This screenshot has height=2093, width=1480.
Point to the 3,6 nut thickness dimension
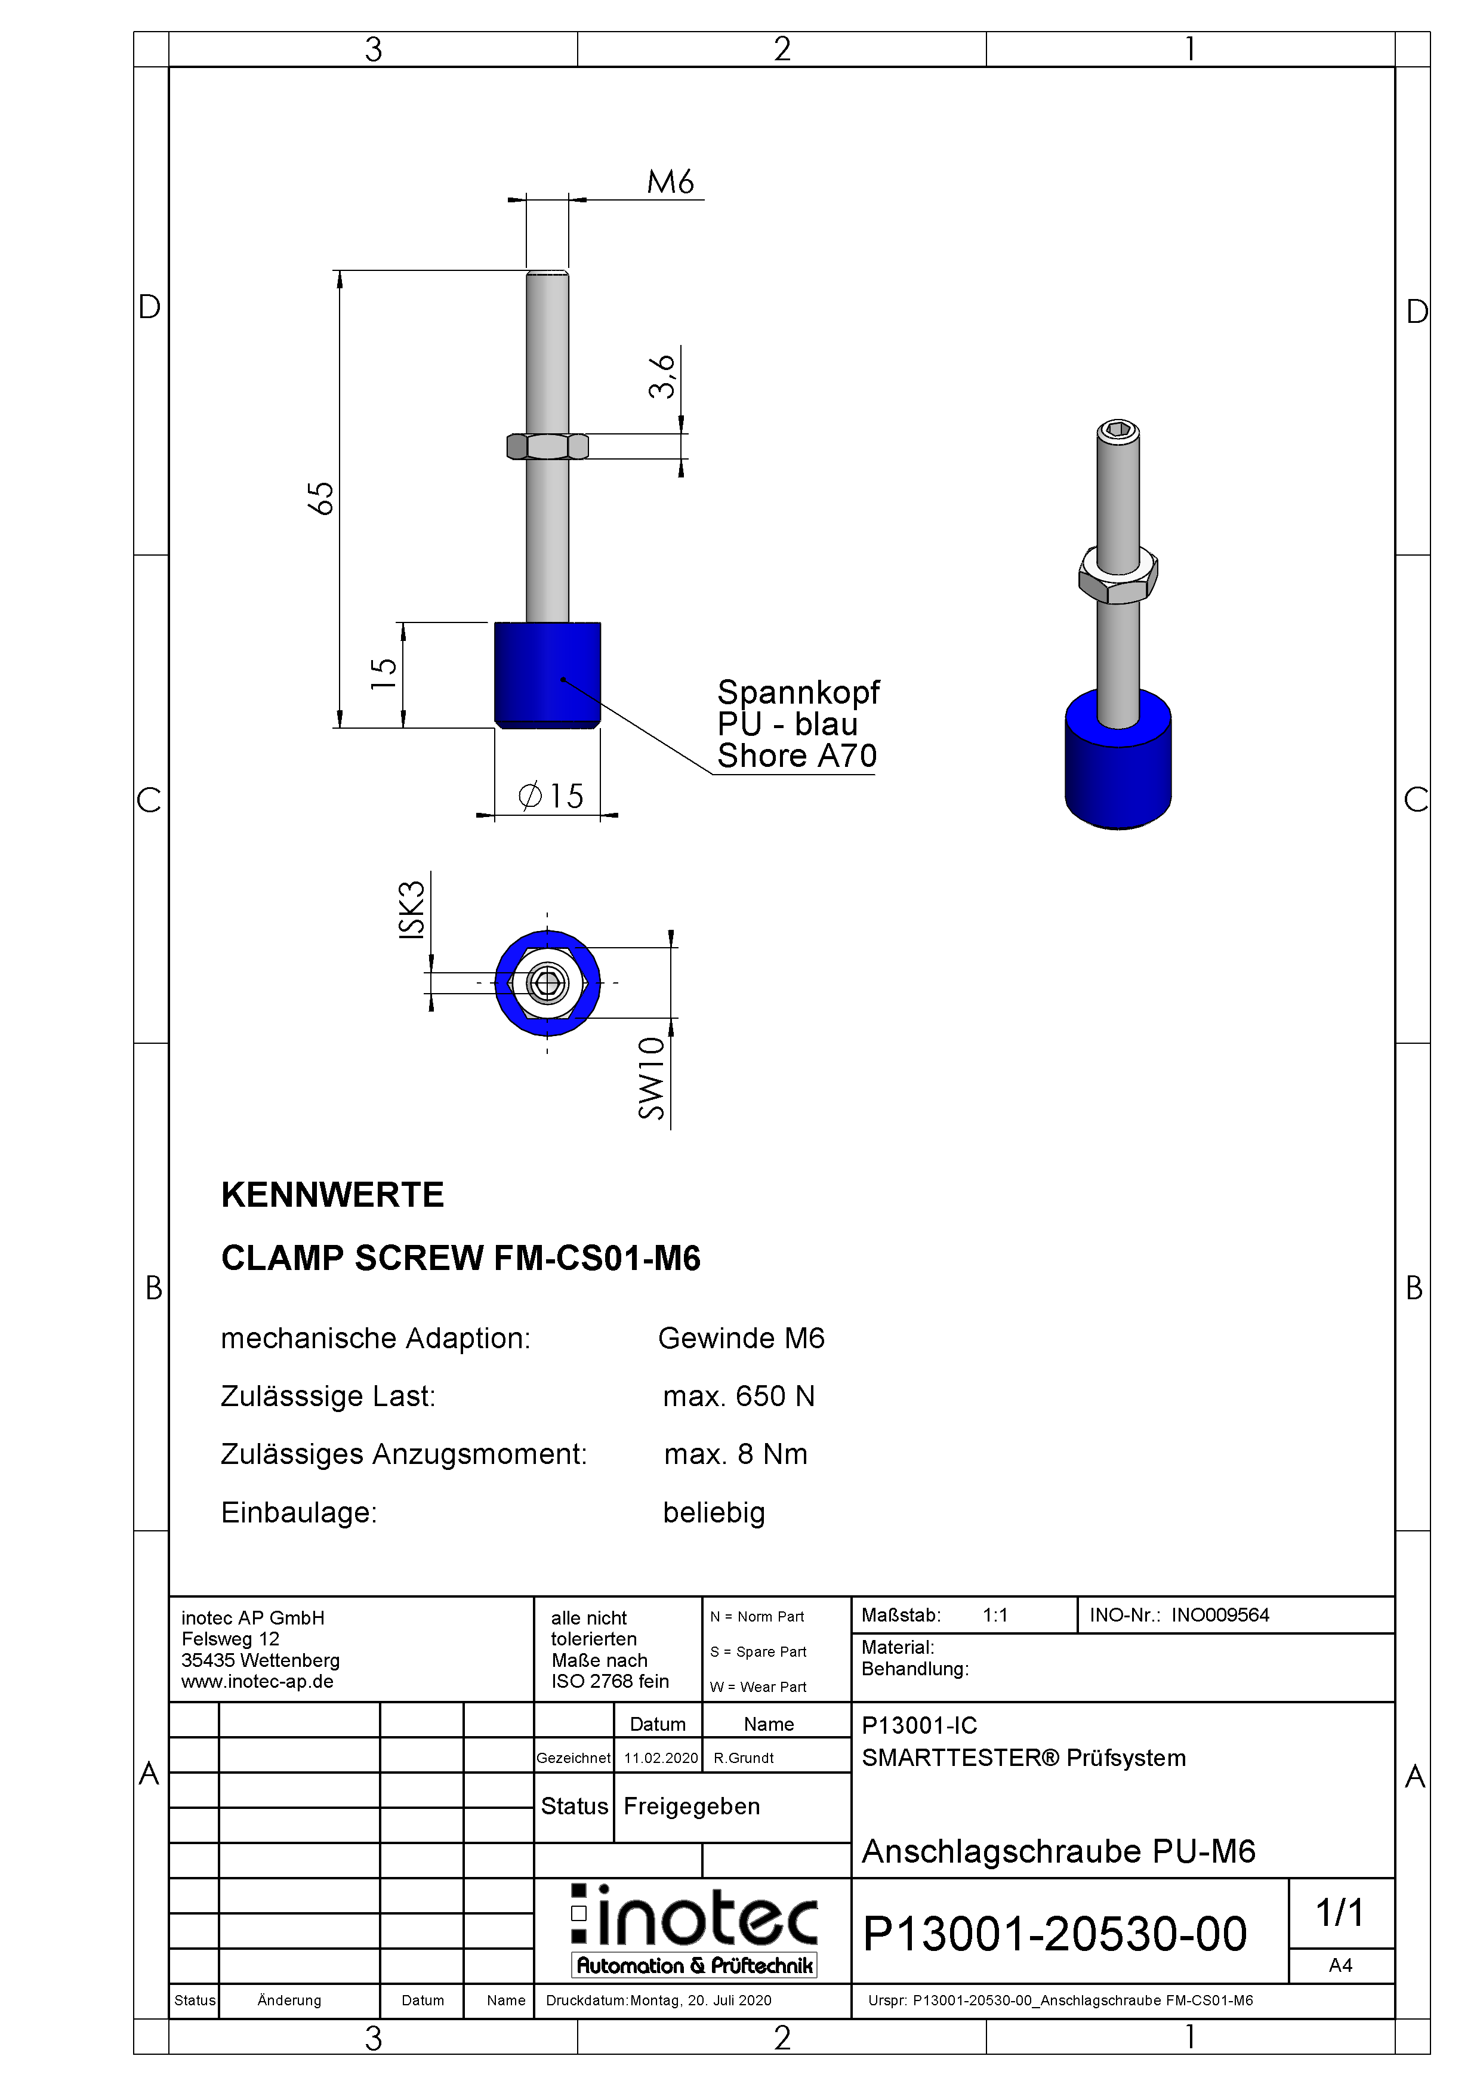[x=662, y=377]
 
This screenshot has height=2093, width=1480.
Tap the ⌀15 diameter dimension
[x=551, y=796]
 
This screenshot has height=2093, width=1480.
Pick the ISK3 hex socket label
[x=412, y=909]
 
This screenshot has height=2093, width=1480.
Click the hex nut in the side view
[x=548, y=446]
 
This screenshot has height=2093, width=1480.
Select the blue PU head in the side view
[x=548, y=674]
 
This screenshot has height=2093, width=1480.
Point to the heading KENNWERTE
[x=332, y=1195]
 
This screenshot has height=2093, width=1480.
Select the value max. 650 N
[x=739, y=1396]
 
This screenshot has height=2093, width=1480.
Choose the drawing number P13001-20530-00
[x=1054, y=1934]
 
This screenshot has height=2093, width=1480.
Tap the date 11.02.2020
[x=661, y=1758]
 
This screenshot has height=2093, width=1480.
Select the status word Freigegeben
[x=692, y=1806]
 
